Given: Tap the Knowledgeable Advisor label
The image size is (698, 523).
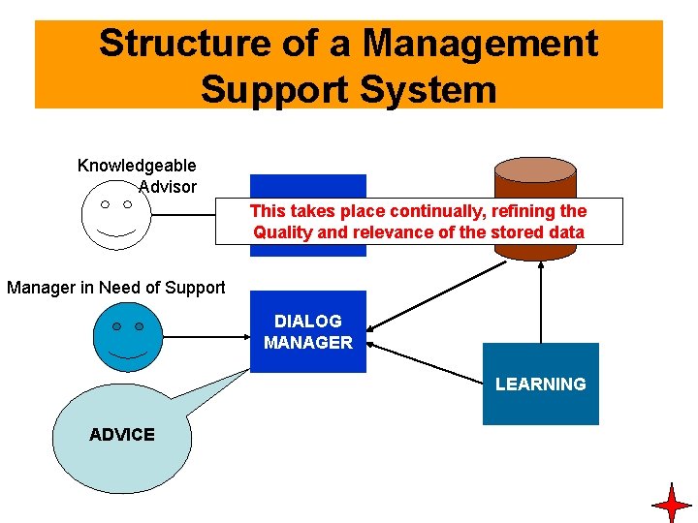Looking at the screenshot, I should tap(137, 176).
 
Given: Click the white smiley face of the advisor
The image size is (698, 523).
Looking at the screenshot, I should tap(115, 217).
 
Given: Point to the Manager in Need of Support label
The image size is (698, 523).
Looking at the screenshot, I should tap(115, 287).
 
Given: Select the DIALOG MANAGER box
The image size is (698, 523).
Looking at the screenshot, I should tap(308, 331).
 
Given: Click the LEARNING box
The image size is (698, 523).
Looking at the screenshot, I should tap(540, 384).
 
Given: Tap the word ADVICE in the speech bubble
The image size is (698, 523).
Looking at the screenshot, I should tap(121, 435).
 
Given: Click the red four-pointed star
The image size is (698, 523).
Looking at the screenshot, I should tap(671, 505).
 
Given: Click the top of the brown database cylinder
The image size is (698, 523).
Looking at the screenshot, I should tap(535, 170).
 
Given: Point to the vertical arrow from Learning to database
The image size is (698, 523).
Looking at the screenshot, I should tap(541, 300).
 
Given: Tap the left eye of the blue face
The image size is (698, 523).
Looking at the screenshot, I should tap(115, 326).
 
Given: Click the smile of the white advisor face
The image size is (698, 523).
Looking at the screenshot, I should tap(115, 233).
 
